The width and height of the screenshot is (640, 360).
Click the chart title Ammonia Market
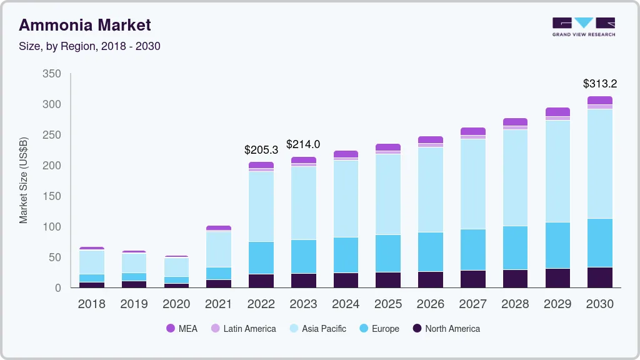point(85,25)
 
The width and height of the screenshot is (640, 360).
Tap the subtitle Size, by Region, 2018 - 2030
point(90,46)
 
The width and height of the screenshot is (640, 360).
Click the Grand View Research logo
point(583,26)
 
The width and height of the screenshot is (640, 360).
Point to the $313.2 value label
point(600,84)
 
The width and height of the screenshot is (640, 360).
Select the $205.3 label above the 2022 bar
point(261,150)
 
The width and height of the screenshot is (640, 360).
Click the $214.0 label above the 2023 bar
point(303,144)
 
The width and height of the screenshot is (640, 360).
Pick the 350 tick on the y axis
point(52,74)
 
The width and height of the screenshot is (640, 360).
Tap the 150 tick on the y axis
point(52,196)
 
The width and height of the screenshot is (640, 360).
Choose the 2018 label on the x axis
point(92,304)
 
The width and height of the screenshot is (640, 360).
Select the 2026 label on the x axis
point(431,304)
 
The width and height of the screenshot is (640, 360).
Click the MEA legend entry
point(182,329)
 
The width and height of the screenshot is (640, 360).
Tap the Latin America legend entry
point(244,329)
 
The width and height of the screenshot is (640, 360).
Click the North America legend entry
point(446,329)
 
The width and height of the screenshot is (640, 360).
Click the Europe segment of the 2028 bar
point(515,247)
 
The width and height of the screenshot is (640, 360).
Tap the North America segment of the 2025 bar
point(388,279)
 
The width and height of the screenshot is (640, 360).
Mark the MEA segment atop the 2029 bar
point(557,112)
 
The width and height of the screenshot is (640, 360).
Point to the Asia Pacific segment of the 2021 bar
point(219,249)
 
